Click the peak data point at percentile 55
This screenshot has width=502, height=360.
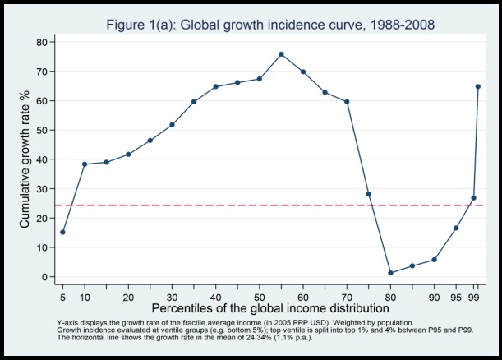click(281, 54)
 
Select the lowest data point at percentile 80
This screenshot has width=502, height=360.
click(390, 273)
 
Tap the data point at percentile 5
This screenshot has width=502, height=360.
click(63, 232)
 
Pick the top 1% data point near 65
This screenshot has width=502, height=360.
click(477, 86)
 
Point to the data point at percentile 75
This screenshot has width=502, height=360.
click(368, 194)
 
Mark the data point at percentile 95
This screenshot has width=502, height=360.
click(456, 228)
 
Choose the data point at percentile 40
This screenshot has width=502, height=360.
click(215, 86)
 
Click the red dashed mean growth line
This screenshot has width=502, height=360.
click(246, 205)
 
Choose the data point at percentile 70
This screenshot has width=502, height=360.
click(347, 102)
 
